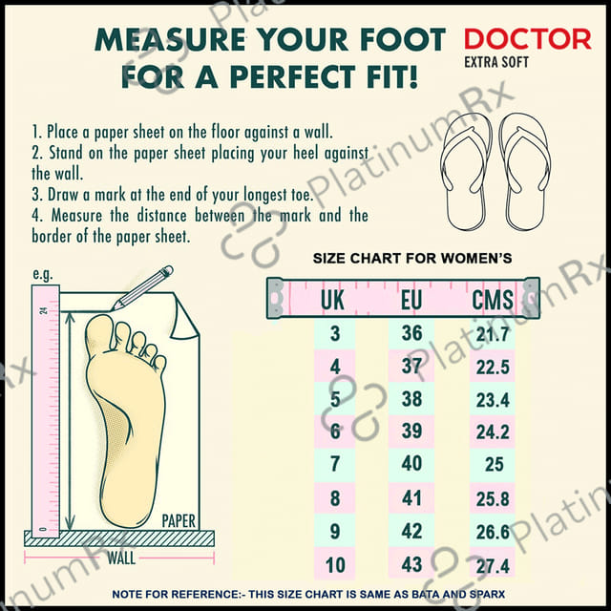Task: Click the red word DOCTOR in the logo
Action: (528, 39)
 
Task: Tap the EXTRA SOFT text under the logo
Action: (496, 62)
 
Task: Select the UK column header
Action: (332, 300)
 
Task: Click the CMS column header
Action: (493, 300)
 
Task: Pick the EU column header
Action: (411, 300)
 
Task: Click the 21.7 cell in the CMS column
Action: (493, 334)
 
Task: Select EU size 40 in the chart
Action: (411, 463)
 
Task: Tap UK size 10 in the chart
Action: (335, 564)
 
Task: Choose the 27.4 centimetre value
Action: (493, 566)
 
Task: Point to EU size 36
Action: (411, 333)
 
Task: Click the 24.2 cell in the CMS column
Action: (493, 432)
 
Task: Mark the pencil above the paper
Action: (142, 288)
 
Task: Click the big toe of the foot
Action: (99, 334)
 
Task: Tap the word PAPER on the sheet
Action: (179, 521)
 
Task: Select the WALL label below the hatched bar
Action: (121, 558)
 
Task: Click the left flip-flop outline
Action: (465, 172)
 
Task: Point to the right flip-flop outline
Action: (525, 172)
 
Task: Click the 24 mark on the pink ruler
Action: (43, 310)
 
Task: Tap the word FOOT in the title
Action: (403, 39)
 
